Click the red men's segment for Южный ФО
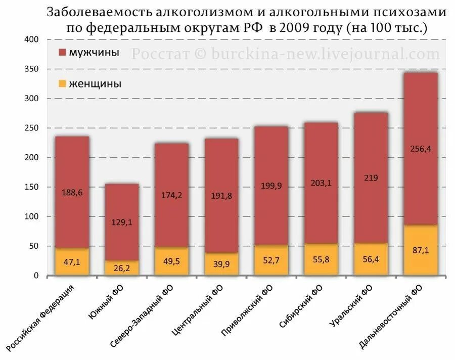click(121, 202)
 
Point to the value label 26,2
click(121, 268)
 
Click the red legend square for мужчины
click(62, 53)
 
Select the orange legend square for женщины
click(62, 84)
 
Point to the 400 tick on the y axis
click(31, 40)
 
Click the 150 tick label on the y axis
click(31, 188)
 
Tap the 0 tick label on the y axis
click(35, 276)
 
